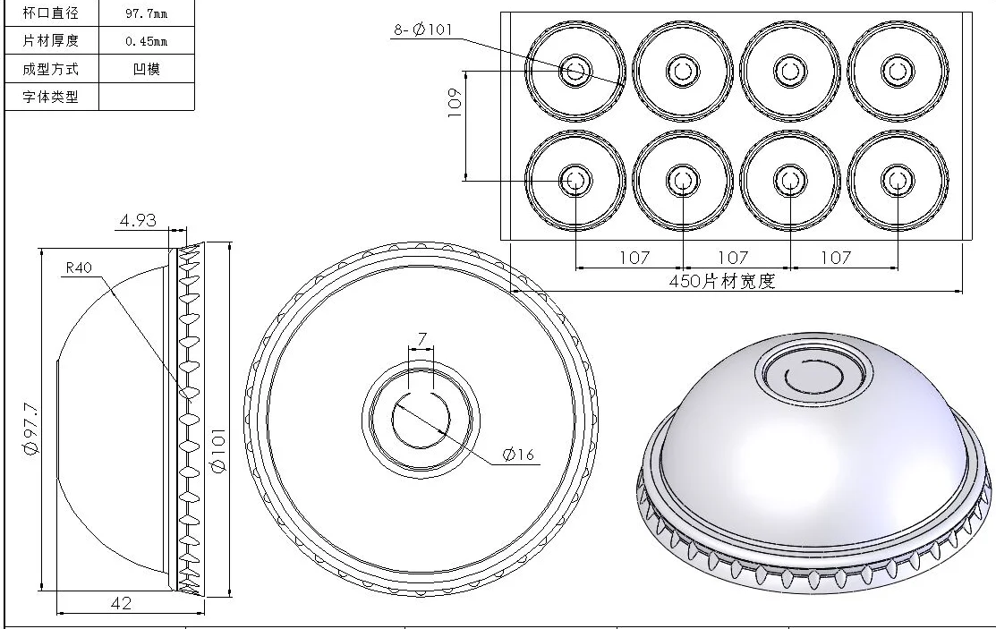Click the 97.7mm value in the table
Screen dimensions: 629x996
pos(146,14)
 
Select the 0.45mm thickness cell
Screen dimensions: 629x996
pos(146,41)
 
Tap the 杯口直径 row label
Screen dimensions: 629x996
pos(50,13)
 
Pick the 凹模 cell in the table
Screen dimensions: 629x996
pos(146,69)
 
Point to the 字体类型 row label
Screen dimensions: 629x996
pos(50,97)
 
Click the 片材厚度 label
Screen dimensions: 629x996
pos(50,41)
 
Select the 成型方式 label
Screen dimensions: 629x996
pos(50,69)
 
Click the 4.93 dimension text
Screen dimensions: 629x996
pos(139,219)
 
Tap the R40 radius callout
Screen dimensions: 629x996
pos(81,268)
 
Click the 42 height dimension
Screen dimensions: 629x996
pos(120,604)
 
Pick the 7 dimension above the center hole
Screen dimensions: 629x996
pos(422,339)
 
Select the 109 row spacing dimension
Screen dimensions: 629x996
pos(455,104)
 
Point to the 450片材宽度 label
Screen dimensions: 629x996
pos(721,282)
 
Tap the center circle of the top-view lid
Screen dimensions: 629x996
pos(420,417)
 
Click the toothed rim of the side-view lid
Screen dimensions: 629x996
pos(190,421)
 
